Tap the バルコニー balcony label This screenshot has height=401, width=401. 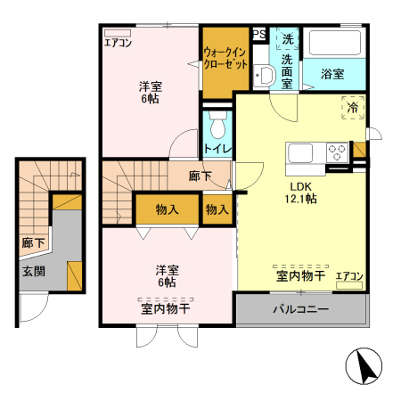(300, 311)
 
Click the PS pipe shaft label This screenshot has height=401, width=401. (259, 35)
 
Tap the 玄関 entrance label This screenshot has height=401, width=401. (34, 272)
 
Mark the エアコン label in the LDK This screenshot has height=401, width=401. (349, 276)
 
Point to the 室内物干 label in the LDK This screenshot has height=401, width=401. (299, 276)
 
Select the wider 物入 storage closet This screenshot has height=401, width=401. (166, 210)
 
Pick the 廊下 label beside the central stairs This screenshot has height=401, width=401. (200, 176)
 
